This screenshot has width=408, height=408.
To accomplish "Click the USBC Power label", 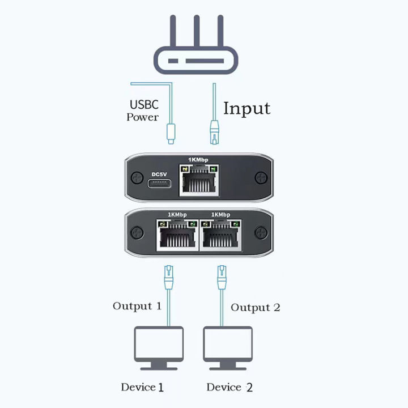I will click(144, 111).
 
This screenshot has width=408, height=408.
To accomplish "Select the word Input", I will click(246, 108).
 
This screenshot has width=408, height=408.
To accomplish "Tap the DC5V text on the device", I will click(160, 174).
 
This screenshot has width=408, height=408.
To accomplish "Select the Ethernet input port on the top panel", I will click(198, 181).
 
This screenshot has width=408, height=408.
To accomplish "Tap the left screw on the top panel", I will click(137, 178).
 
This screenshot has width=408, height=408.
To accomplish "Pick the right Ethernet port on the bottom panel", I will click(222, 236).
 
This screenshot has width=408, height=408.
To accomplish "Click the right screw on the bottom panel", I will click(260, 232).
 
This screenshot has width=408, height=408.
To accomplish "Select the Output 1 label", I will click(137, 306).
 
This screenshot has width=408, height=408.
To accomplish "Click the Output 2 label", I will click(255, 308).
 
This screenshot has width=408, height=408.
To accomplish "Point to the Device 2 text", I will click(229, 388).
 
